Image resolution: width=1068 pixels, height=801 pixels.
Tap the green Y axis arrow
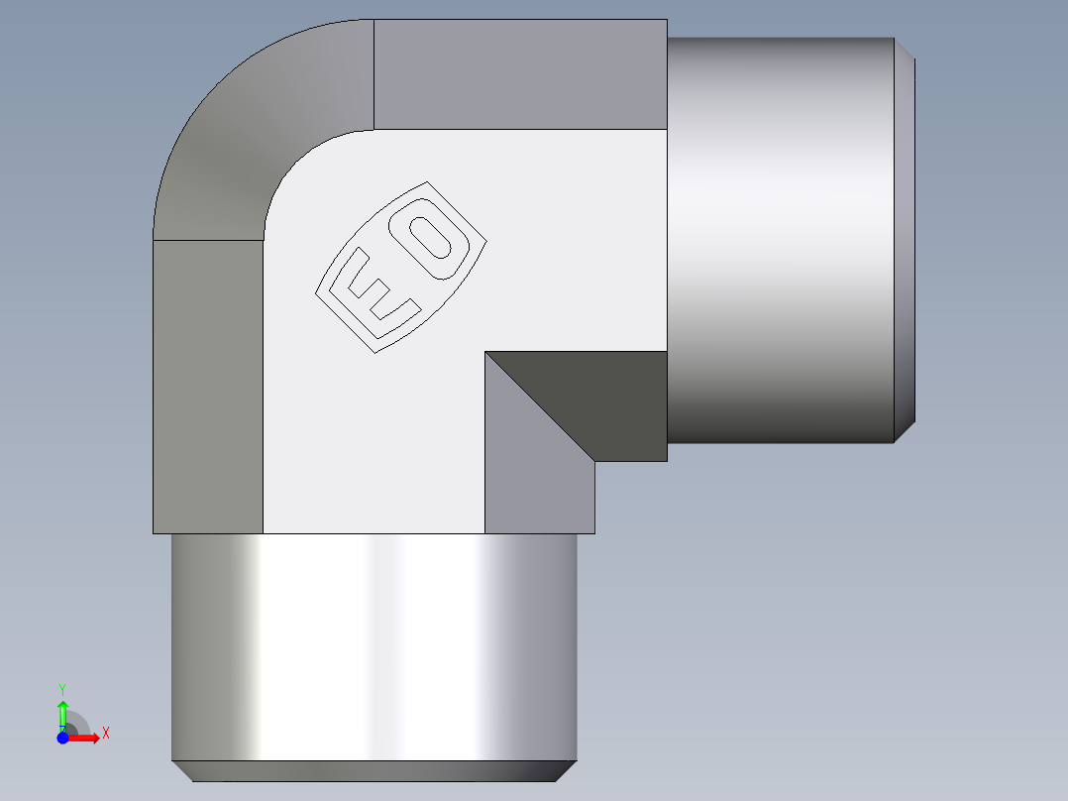point(62,712)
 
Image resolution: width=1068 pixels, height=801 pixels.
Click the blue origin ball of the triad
point(62,738)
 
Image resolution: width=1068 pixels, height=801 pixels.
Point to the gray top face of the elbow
point(520,74)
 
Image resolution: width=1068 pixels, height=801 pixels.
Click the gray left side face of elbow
point(208,387)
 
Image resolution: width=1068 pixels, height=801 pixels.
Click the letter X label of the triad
point(106,734)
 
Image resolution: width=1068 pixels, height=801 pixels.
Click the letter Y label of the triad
point(62,688)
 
